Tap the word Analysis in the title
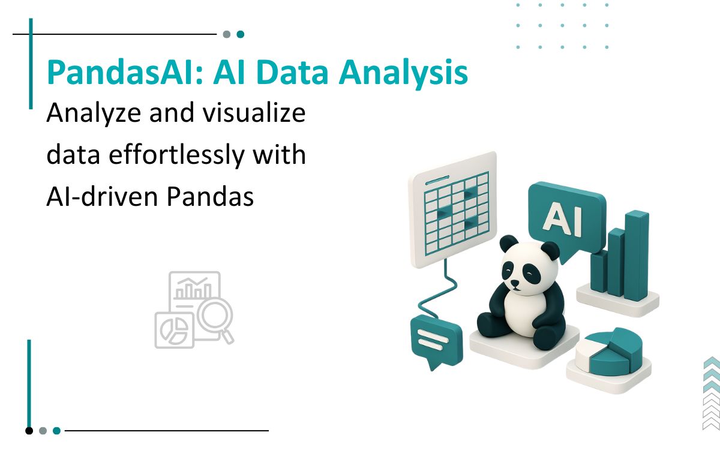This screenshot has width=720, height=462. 403,73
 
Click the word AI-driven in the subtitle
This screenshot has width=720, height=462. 102,196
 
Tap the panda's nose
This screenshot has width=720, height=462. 515,283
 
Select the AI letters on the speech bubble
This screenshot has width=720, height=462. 562,218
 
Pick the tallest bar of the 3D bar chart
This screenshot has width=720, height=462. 637,256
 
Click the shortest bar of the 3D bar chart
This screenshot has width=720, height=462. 599,271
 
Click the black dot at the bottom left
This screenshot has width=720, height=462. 29,431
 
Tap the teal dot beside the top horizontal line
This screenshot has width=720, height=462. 241,34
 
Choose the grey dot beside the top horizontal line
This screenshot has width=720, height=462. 227,34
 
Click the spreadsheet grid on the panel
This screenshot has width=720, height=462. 457,214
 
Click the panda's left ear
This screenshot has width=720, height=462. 509,244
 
